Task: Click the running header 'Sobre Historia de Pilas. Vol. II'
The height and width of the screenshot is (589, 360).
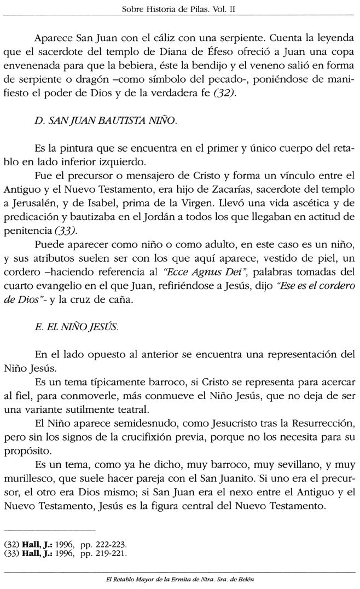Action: coord(179,9)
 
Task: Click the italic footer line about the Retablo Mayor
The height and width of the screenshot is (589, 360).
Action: coord(179,579)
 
